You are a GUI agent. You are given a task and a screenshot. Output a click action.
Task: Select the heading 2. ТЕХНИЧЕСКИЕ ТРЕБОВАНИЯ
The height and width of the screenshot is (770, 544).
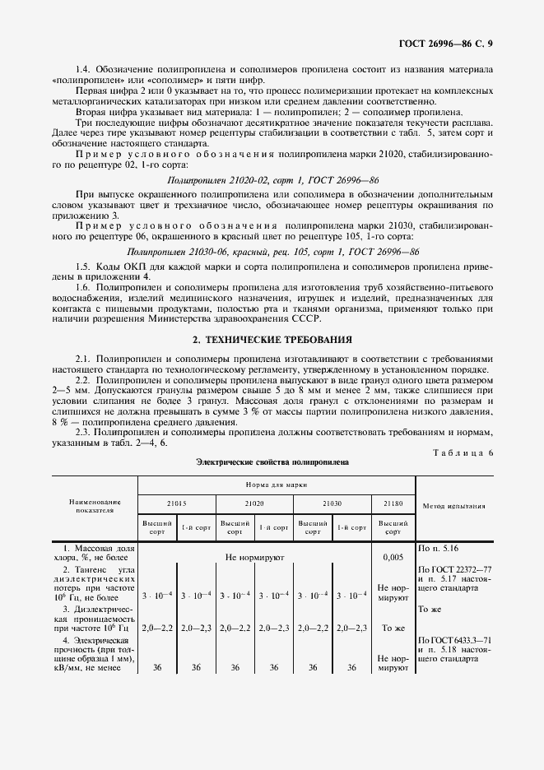[x=272, y=338]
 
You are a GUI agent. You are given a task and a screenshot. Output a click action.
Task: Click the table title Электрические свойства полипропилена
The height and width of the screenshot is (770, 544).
[x=272, y=462]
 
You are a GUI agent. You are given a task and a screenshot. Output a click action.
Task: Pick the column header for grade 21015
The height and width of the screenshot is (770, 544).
[x=176, y=501]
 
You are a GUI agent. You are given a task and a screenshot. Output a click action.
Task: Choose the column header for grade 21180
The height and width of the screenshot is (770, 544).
[x=393, y=501]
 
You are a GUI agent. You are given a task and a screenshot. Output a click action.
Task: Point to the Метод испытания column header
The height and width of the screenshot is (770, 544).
[x=453, y=506]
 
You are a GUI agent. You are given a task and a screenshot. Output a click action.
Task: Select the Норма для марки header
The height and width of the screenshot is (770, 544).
[x=276, y=485]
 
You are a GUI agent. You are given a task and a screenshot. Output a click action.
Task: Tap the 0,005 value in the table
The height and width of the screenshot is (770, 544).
[x=393, y=557]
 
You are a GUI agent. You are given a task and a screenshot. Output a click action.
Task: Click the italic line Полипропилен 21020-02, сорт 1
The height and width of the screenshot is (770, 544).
[x=272, y=178]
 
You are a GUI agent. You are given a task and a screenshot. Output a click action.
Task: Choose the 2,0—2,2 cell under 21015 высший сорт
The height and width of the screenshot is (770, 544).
[x=157, y=628]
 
